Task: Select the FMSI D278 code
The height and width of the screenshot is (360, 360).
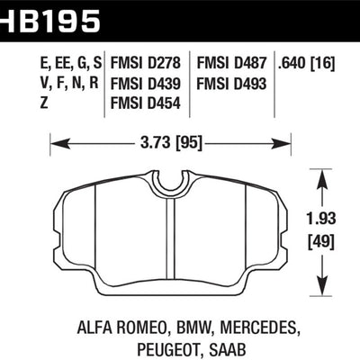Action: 148,64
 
